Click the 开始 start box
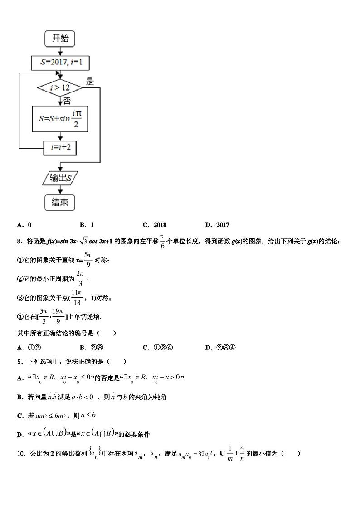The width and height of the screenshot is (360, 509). click(x=60, y=39)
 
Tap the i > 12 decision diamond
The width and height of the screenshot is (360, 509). click(x=60, y=87)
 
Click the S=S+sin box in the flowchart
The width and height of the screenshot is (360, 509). click(x=60, y=118)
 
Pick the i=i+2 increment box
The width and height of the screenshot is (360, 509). click(x=60, y=148)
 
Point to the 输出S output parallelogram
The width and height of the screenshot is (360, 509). click(x=60, y=178)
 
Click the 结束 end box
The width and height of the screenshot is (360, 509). click(x=60, y=202)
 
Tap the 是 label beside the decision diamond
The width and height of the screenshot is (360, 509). click(x=90, y=82)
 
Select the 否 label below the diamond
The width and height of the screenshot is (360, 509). click(x=67, y=100)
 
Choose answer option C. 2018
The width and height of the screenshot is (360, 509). click(x=155, y=225)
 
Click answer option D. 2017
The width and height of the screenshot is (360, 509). click(x=217, y=225)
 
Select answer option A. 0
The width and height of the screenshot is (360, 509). click(x=24, y=225)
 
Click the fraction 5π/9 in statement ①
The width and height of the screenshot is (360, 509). click(x=88, y=260)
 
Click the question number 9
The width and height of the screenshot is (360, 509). click(x=19, y=362)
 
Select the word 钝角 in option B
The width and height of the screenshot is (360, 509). click(x=161, y=397)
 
